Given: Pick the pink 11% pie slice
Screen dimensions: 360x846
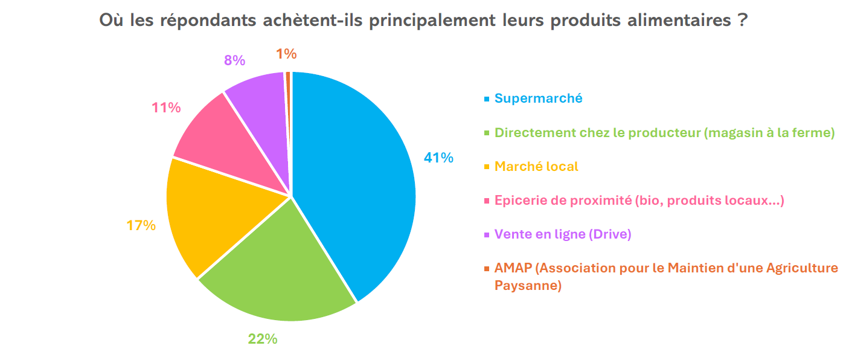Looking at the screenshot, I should pyautogui.click(x=220, y=139).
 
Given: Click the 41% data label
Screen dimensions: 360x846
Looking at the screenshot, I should pyautogui.click(x=438, y=158).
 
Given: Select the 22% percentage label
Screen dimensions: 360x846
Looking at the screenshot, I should pyautogui.click(x=263, y=339).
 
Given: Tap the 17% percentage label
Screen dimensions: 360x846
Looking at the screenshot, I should pyautogui.click(x=141, y=225).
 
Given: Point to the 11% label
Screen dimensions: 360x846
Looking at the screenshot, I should pyautogui.click(x=166, y=108).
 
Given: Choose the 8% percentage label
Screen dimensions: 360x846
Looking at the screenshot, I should pyautogui.click(x=234, y=60).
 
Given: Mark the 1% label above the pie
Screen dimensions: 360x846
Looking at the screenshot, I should pyautogui.click(x=286, y=54).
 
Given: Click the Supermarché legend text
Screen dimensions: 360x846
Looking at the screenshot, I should pyautogui.click(x=539, y=98).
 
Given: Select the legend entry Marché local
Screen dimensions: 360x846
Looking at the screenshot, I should pyautogui.click(x=536, y=166).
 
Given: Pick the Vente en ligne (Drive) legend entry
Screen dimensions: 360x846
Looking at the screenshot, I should pyautogui.click(x=563, y=234).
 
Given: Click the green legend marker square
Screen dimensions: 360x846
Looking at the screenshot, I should pyautogui.click(x=486, y=133).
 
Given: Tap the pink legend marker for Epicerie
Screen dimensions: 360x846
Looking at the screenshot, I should pyautogui.click(x=486, y=201).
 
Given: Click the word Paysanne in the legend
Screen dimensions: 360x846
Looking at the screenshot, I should pyautogui.click(x=528, y=285).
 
